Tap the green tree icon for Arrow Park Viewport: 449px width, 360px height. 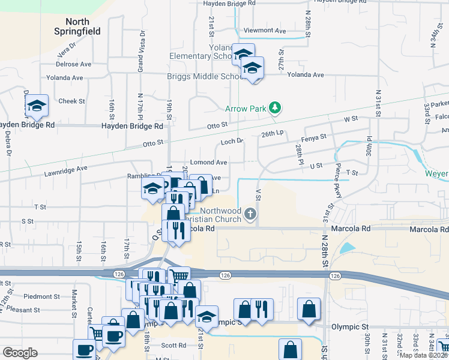[x=275, y=108]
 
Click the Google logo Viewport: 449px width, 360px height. [x=20, y=353]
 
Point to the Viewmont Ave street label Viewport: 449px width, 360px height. [x=265, y=31]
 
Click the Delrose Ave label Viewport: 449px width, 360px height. [x=73, y=64]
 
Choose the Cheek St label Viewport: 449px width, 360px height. [x=71, y=101]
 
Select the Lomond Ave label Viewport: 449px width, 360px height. [x=208, y=163]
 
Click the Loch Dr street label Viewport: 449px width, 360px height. [x=231, y=142]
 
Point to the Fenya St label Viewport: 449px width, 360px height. [x=315, y=137]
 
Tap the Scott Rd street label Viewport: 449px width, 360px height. [x=173, y=346]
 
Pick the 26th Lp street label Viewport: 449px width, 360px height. [x=273, y=134]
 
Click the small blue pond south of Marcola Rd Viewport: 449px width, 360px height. [x=347, y=247]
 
